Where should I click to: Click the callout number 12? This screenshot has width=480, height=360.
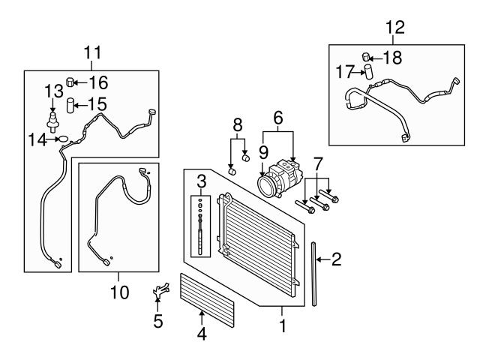[395, 28]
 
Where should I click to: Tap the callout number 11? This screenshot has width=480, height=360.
[92, 52]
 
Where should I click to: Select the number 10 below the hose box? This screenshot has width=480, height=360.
[119, 292]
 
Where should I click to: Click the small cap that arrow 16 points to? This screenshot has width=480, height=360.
[70, 82]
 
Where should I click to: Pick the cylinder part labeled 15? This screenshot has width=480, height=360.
[70, 105]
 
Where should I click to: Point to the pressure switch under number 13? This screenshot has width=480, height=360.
[52, 122]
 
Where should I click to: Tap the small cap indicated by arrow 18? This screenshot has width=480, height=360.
[366, 57]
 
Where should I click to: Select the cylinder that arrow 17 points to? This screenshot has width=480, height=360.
[368, 72]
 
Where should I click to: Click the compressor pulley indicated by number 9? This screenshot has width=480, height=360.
[265, 185]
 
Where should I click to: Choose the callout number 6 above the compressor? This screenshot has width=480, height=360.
[278, 118]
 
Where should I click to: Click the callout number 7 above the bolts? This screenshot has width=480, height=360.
[318, 163]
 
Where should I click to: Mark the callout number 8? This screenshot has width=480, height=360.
[238, 125]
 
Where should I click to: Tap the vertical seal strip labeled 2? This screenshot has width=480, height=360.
[314, 274]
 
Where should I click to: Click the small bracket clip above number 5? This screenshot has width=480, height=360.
[160, 289]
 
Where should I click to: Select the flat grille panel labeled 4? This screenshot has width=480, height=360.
[207, 300]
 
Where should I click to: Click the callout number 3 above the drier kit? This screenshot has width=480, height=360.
[201, 181]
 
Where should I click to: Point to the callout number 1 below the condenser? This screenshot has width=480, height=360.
[283, 325]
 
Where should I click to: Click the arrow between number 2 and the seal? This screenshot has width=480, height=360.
[323, 259]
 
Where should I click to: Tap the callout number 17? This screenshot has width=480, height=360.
[345, 72]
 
